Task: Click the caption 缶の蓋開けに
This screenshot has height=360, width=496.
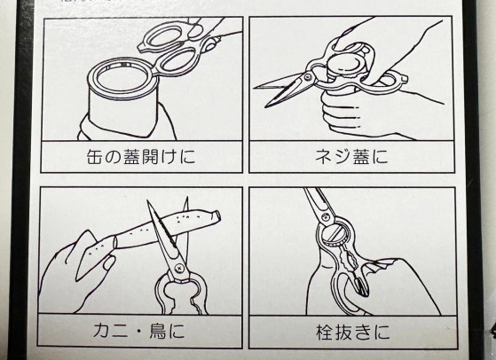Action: tap(141, 157)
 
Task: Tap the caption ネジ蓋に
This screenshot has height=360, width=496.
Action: tap(351, 157)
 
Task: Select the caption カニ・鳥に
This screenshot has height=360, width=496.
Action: tap(138, 331)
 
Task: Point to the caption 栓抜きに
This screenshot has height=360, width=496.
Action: tap(353, 332)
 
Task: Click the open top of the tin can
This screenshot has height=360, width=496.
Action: tap(122, 77)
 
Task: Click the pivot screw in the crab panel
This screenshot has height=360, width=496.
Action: tap(179, 267)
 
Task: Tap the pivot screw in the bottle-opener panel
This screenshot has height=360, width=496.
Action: tap(324, 218)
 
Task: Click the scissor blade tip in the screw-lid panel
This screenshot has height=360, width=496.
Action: tap(265, 106)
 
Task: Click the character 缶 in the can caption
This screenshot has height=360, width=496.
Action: tap(95, 157)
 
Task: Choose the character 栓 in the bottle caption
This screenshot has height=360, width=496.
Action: tap(325, 332)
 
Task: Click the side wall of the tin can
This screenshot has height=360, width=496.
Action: tap(123, 113)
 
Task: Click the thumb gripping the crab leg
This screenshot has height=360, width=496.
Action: tap(109, 262)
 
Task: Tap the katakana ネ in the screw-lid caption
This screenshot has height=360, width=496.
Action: tap(324, 157)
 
